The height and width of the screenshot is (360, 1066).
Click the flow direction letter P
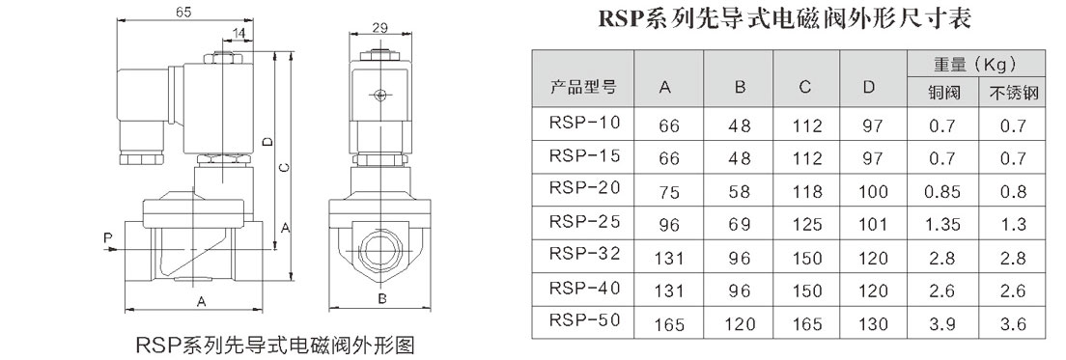[107, 237]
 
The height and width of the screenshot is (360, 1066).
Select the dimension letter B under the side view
[382, 299]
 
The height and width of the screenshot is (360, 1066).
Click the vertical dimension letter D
[267, 142]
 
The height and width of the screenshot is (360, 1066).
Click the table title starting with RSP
[785, 18]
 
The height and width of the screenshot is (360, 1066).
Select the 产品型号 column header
[582, 87]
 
